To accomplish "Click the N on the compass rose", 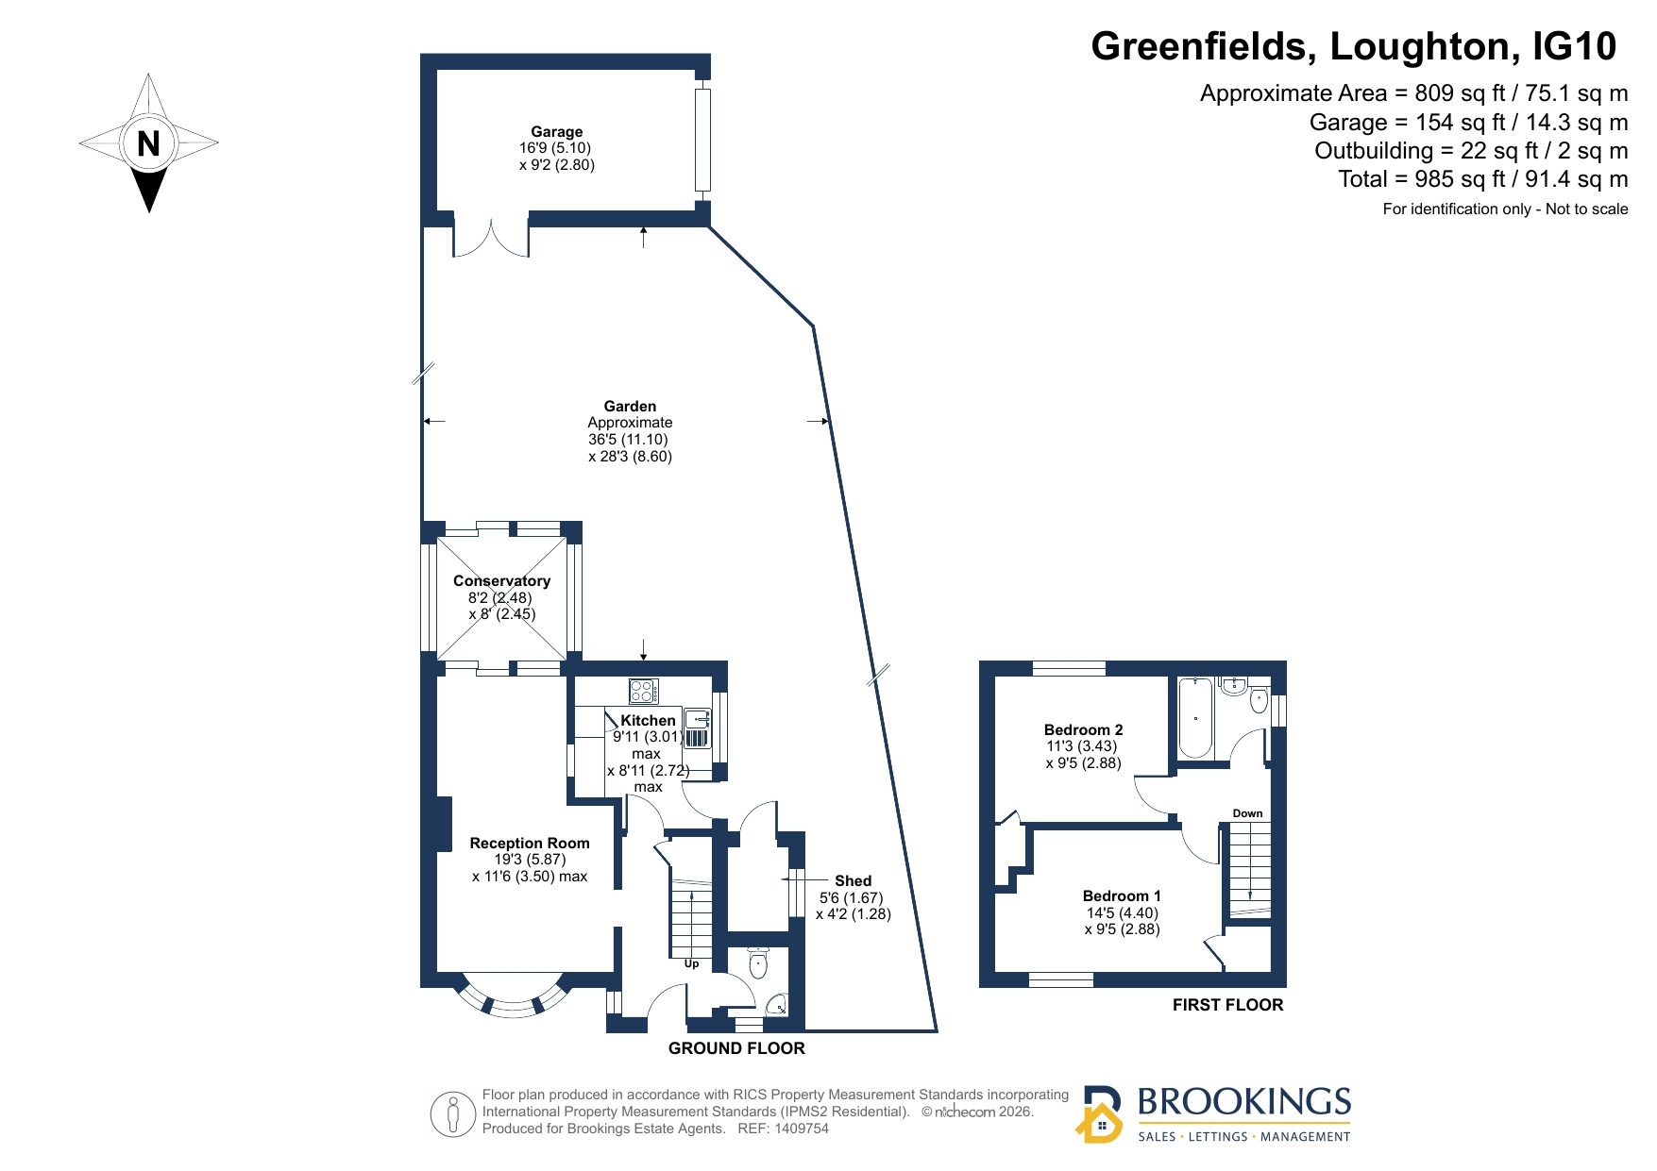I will click(x=148, y=143).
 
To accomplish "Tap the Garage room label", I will click(x=556, y=132).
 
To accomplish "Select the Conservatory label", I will click(x=501, y=581).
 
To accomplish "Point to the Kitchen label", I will click(x=648, y=720).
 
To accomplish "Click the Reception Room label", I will click(x=530, y=844).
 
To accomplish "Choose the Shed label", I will click(x=853, y=881).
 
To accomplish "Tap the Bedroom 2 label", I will click(x=1083, y=729).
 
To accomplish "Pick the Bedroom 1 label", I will click(x=1122, y=895).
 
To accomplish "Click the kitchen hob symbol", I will click(x=644, y=692).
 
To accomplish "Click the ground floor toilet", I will click(x=758, y=963).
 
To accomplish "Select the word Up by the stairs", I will click(x=691, y=964).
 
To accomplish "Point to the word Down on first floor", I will click(x=1247, y=813).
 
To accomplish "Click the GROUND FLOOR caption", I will click(x=736, y=1048).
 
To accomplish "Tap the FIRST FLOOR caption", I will click(x=1227, y=1005).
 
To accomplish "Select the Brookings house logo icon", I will click(x=1099, y=1114).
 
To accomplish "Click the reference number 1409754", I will click(x=801, y=1129).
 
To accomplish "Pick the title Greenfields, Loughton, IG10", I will click(x=1353, y=46).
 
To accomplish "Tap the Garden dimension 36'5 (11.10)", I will click(x=628, y=440).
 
